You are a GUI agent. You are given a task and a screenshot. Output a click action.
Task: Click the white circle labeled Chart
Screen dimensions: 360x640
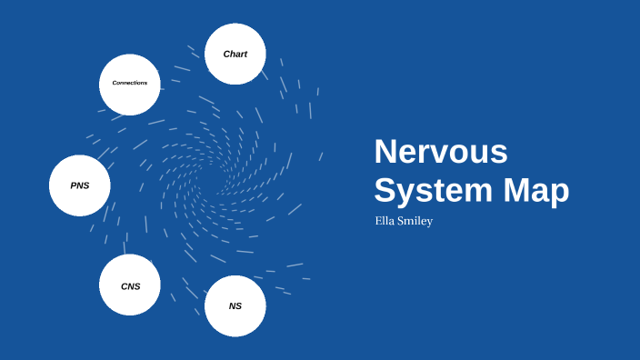tap(235, 55)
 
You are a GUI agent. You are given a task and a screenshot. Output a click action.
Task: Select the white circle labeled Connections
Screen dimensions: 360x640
tap(130, 85)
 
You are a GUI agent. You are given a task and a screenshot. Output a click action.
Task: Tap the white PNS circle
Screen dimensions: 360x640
tap(80, 185)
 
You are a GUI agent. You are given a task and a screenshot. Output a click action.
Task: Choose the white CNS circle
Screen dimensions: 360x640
tap(130, 285)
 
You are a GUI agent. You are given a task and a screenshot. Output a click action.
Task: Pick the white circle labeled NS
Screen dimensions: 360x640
tap(235, 305)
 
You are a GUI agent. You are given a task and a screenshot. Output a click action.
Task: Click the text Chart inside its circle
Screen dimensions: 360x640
tap(235, 55)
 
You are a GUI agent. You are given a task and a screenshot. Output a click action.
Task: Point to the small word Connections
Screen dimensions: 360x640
tap(130, 83)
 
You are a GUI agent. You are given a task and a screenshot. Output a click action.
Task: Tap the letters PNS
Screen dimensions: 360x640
tap(80, 185)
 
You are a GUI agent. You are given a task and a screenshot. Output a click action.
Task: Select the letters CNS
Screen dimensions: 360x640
tap(131, 286)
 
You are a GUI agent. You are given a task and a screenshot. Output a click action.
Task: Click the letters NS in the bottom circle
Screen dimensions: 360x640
tap(235, 306)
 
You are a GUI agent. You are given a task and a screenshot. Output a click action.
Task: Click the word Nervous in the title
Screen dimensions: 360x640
tap(441, 152)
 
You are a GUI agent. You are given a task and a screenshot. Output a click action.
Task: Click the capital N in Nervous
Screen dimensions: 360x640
tap(385, 152)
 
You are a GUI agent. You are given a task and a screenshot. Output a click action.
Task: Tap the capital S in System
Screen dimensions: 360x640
tap(385, 191)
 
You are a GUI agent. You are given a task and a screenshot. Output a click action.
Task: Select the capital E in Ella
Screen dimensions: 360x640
tap(378, 221)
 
